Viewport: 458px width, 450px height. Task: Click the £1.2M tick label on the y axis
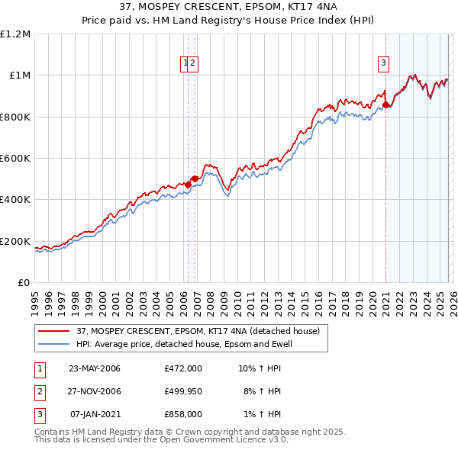(15, 34)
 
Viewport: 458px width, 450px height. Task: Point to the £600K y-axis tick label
(15, 159)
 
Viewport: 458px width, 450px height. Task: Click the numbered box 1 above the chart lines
(185, 64)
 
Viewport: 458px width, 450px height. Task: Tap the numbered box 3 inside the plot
(383, 64)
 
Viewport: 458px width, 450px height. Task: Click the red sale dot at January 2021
(386, 105)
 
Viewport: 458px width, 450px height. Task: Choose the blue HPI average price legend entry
(183, 344)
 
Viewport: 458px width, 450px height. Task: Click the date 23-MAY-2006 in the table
(95, 368)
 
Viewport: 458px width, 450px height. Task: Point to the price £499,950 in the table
(183, 391)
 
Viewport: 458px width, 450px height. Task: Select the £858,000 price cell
(183, 414)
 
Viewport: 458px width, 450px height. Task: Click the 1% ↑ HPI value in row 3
(262, 414)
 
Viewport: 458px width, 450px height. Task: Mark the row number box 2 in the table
(39, 391)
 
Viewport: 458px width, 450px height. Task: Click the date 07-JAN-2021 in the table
(95, 414)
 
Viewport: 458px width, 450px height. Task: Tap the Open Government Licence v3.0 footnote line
(162, 439)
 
